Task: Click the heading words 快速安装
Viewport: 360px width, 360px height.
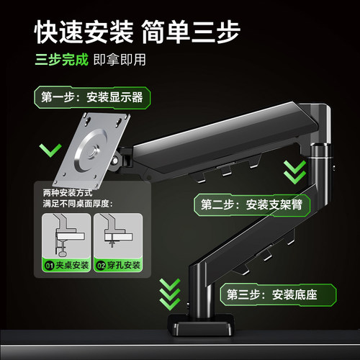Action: point(84,31)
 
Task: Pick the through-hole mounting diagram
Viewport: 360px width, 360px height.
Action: point(114,238)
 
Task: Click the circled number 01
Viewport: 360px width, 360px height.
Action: point(50,266)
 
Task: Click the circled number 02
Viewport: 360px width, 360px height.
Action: point(102,266)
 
